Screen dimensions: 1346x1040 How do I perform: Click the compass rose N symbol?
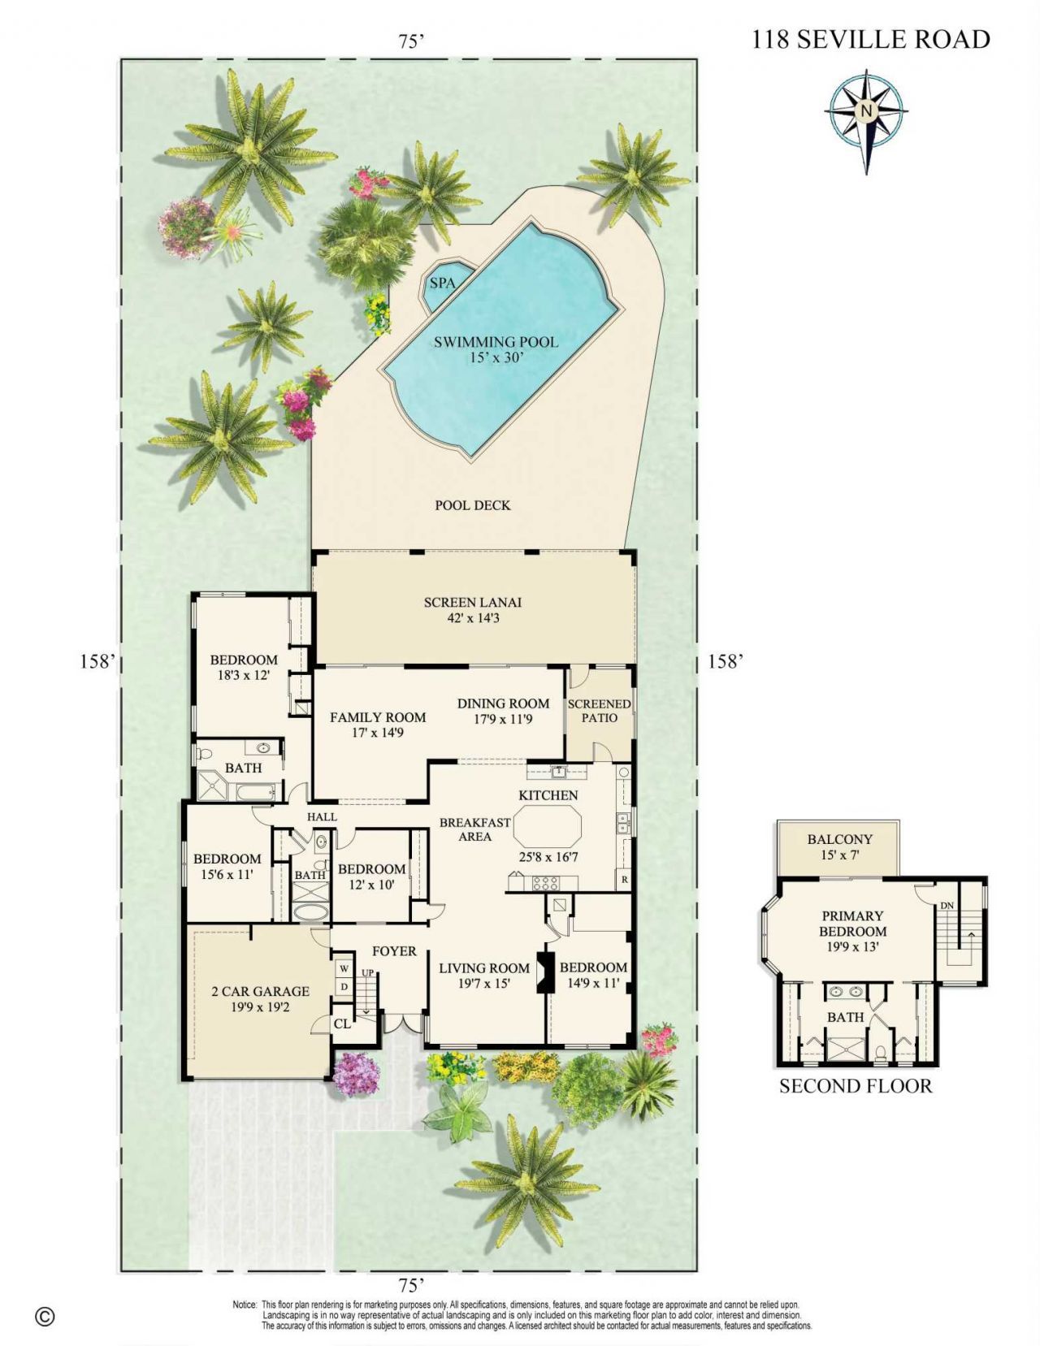click(866, 110)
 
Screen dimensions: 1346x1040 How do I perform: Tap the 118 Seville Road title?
click(870, 39)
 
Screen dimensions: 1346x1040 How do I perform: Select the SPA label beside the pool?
click(442, 283)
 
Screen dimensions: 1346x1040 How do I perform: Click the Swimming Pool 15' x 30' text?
click(496, 348)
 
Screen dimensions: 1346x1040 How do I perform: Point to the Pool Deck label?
click(472, 505)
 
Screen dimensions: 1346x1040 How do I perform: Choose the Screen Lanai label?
click(472, 609)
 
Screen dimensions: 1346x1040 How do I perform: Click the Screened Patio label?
click(599, 711)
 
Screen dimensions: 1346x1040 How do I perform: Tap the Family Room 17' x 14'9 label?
click(378, 724)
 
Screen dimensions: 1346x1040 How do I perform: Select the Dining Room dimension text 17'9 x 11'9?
click(503, 719)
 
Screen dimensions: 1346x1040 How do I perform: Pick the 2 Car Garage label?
click(260, 998)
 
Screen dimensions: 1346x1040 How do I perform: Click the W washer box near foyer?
click(344, 968)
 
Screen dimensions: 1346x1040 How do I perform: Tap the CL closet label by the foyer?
click(342, 1024)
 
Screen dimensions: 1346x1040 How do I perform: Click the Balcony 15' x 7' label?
click(839, 846)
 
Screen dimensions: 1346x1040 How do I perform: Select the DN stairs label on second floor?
click(947, 906)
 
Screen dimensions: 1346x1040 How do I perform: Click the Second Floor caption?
click(856, 1086)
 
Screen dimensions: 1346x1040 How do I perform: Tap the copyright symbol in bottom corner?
click(45, 1316)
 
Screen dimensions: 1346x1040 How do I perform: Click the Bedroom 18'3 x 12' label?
click(244, 667)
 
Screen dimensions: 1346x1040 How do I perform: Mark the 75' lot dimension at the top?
click(412, 41)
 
